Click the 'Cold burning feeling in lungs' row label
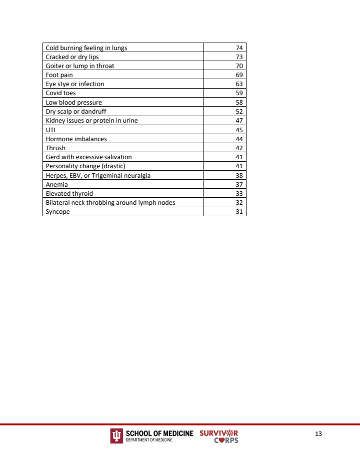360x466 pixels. [x=86, y=48]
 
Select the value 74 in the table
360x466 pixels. [x=239, y=48]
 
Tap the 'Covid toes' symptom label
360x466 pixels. [x=61, y=93]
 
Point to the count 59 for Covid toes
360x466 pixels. [x=239, y=93]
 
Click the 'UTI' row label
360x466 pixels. [x=50, y=130]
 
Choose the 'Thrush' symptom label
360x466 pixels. [x=55, y=148]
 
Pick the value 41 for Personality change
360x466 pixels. [x=239, y=166]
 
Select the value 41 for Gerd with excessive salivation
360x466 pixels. [x=239, y=157]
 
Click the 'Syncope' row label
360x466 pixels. [x=58, y=212]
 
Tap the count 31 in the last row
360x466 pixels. [x=239, y=212]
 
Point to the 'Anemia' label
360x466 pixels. [x=57, y=184]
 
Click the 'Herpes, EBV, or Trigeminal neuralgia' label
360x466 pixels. [x=98, y=175]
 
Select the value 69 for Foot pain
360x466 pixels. [x=239, y=75]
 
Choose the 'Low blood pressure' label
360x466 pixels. [x=74, y=102]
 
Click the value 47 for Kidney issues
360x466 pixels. [x=239, y=121]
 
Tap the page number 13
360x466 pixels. [x=318, y=433]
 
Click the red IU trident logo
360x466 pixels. [x=116, y=436]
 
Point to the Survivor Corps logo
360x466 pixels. [x=219, y=436]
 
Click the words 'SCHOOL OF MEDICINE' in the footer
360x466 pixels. [x=159, y=433]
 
